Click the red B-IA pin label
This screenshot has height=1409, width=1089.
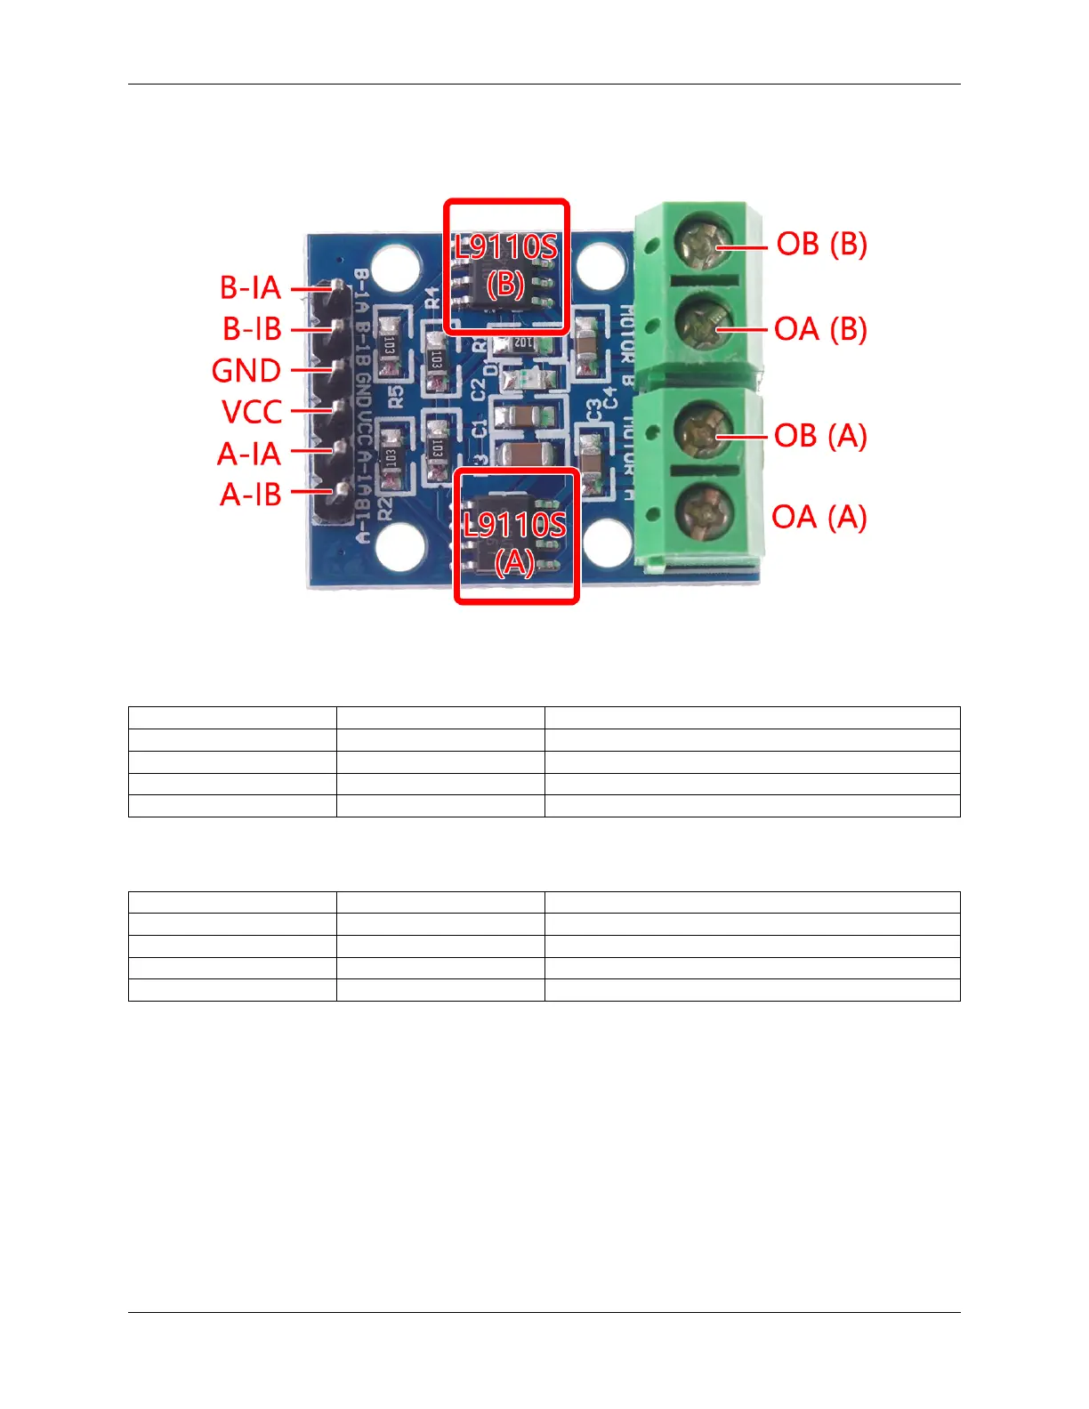tap(250, 287)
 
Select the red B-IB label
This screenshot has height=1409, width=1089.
tap(252, 329)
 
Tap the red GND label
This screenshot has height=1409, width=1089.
tap(246, 370)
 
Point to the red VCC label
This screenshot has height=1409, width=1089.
tap(252, 412)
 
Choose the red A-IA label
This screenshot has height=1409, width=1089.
tap(249, 454)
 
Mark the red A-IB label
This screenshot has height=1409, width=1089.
tap(251, 494)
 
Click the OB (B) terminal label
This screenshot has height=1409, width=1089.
tap(821, 244)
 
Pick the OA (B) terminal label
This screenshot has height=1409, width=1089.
tap(820, 329)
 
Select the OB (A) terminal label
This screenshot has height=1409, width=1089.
tap(820, 436)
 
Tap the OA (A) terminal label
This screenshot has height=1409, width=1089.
tap(819, 517)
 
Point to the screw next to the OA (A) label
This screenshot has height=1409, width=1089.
tap(702, 513)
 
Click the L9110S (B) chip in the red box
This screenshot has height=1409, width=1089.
tap(506, 267)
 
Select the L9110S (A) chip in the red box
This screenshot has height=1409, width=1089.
tap(516, 537)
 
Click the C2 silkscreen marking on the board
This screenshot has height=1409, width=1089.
tap(479, 389)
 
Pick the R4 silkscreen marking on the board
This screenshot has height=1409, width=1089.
tap(433, 297)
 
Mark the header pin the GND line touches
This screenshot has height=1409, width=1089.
tap(337, 368)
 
